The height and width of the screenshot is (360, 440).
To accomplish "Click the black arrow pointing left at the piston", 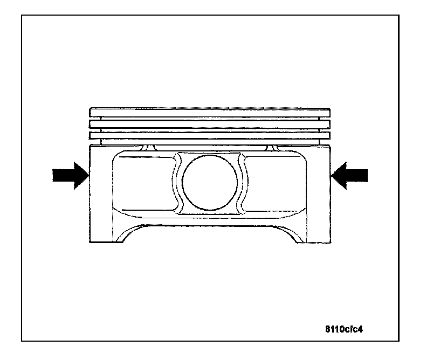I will pyautogui.click(x=350, y=176).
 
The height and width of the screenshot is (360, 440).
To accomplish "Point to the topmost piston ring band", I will pyautogui.click(x=210, y=113).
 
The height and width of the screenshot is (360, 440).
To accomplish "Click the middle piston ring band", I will pyautogui.click(x=210, y=123).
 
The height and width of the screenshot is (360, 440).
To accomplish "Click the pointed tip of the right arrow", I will pyautogui.click(x=332, y=176).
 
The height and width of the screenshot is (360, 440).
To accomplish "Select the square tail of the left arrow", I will pyautogui.click(x=59, y=176).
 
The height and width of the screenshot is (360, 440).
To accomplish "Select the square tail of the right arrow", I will pyautogui.click(x=360, y=176).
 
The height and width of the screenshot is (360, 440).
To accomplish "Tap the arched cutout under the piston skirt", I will pyautogui.click(x=210, y=234).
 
